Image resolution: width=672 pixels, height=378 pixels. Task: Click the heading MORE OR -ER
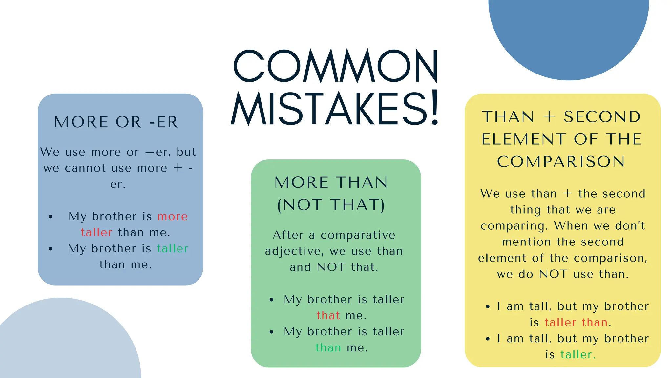[x=116, y=122]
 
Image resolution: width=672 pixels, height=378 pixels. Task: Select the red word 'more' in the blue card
[x=173, y=217]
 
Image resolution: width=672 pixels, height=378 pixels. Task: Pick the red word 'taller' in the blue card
[x=96, y=232]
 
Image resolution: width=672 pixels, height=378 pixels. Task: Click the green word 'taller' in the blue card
[x=173, y=249]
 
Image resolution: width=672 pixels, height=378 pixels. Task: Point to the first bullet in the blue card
[x=50, y=217]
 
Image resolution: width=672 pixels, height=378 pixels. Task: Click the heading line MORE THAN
[x=331, y=182]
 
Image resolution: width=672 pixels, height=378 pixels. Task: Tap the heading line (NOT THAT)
[x=331, y=205]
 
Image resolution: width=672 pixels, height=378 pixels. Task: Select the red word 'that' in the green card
[x=328, y=315]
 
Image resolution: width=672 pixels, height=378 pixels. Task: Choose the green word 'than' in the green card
[x=328, y=347]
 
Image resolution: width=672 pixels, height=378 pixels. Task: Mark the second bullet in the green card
[x=271, y=332]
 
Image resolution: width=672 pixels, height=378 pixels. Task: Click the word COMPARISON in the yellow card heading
[x=561, y=161]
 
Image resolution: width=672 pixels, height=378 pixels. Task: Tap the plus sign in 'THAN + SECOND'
[x=549, y=117]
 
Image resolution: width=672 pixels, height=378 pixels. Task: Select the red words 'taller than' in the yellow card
[x=576, y=322]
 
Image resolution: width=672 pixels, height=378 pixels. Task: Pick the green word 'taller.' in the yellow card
[x=578, y=355]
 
